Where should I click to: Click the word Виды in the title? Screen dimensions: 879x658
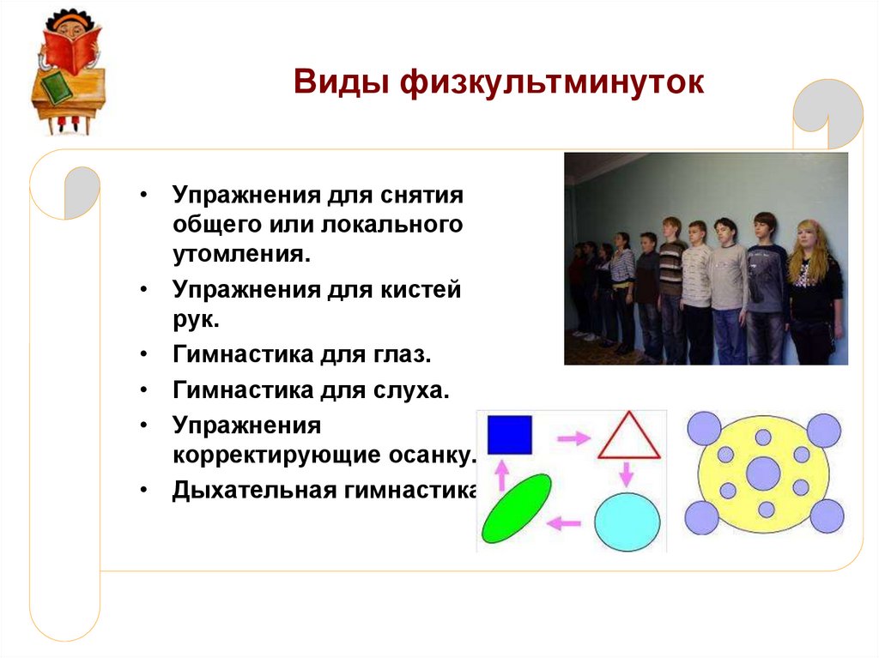(341, 81)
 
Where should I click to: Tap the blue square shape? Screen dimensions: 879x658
(510, 434)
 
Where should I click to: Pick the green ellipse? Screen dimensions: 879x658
(516, 509)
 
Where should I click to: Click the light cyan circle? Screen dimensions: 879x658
(627, 522)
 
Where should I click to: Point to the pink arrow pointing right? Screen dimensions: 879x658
(574, 438)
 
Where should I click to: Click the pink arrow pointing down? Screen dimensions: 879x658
(626, 474)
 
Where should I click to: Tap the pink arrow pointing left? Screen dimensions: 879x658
(563, 523)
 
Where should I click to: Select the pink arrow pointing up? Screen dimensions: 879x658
(501, 475)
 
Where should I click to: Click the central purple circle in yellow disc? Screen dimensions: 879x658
(763, 474)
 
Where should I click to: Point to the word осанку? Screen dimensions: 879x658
(431, 455)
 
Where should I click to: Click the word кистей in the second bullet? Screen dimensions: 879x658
(421, 290)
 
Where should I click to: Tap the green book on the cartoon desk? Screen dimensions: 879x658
(57, 87)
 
